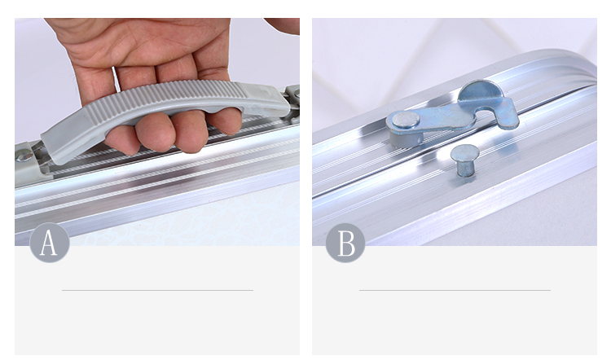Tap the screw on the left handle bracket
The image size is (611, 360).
pos(24,156)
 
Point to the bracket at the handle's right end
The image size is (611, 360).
pos(293,100)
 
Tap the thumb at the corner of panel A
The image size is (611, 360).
pos(284,26)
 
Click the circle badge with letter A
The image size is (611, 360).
pos(50,243)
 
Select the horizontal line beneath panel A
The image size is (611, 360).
pos(157,290)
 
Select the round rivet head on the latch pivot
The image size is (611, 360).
pos(406,120)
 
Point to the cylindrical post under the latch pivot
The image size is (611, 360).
pos(406,138)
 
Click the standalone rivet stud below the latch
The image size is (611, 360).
pos(464,160)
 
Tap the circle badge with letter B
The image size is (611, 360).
pos(345,243)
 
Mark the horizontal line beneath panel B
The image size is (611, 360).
pos(455,290)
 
